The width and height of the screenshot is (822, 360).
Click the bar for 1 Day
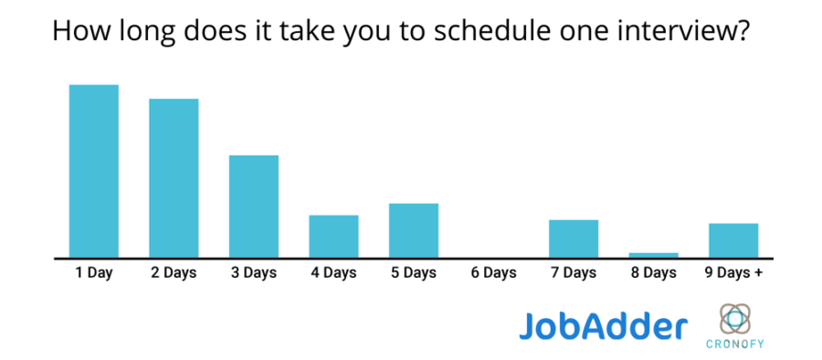click(x=94, y=171)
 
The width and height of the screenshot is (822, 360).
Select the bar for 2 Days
click(x=174, y=178)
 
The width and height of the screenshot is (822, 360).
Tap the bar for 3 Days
click(x=254, y=206)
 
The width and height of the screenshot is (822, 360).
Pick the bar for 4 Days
click(x=333, y=236)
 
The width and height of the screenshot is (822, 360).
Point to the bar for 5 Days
click(x=414, y=230)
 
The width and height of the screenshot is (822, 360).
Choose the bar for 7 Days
click(x=574, y=238)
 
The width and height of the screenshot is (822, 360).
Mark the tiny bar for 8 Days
click(x=654, y=255)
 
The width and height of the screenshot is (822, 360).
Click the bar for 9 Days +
click(x=733, y=240)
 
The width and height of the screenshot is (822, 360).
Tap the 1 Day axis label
click(x=94, y=273)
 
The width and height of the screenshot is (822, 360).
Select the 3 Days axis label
click(x=254, y=273)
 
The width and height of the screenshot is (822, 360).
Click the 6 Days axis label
click(x=494, y=273)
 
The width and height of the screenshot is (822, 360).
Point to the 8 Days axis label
click(x=654, y=273)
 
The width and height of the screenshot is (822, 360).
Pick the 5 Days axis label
click(x=414, y=273)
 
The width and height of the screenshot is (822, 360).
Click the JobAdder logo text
click(x=603, y=325)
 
